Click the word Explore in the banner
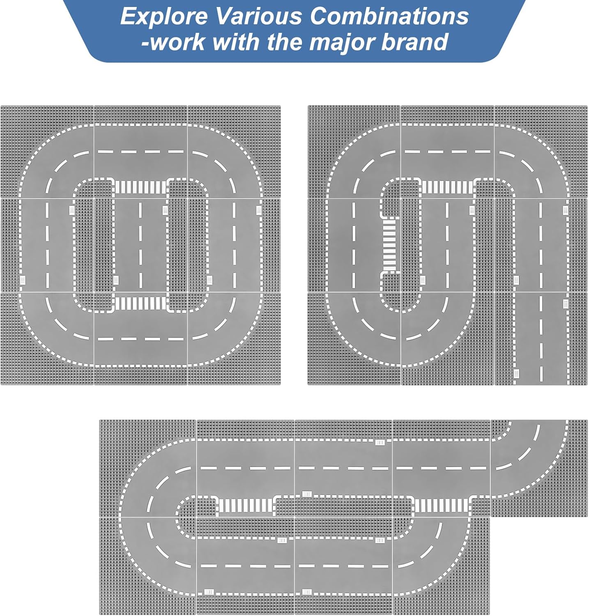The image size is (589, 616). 164,17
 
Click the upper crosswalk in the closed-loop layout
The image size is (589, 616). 141,187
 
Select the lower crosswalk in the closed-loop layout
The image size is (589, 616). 141,303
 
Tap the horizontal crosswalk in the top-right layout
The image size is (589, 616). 447,187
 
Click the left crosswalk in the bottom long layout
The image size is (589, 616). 245,506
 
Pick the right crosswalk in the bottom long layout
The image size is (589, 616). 442,506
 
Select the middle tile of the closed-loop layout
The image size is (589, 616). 140,245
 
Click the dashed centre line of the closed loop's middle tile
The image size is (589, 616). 140,245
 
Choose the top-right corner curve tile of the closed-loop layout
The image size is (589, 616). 234,152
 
